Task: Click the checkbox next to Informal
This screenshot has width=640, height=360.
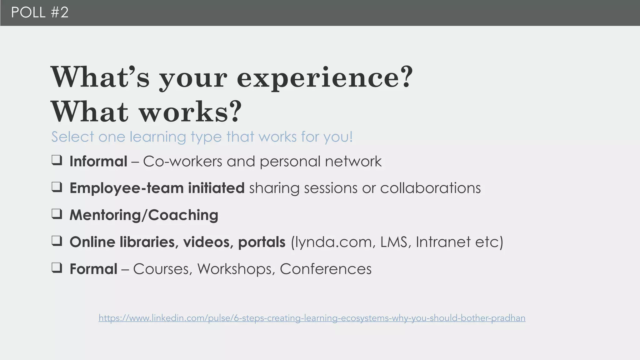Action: coord(57,160)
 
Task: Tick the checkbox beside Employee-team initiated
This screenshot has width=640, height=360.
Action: coord(57,187)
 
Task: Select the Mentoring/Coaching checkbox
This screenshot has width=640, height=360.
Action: coord(57,214)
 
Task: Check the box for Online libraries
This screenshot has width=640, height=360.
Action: coord(57,241)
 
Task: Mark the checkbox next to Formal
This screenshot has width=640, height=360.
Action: coord(57,268)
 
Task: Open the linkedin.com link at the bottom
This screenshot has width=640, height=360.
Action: coord(312,318)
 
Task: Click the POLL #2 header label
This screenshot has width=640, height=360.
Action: coord(40,12)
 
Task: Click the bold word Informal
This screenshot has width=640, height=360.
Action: coord(98,162)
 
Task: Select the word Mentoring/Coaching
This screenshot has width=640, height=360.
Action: coord(144,215)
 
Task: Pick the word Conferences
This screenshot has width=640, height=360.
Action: coord(326,269)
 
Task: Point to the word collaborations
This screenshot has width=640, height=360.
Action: coord(430,188)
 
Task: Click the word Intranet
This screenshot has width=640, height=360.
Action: coord(443,242)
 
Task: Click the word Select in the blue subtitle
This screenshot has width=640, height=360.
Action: coord(73,137)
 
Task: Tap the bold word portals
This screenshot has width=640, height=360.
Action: coord(262,242)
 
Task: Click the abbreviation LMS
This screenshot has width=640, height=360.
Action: coord(395,242)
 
